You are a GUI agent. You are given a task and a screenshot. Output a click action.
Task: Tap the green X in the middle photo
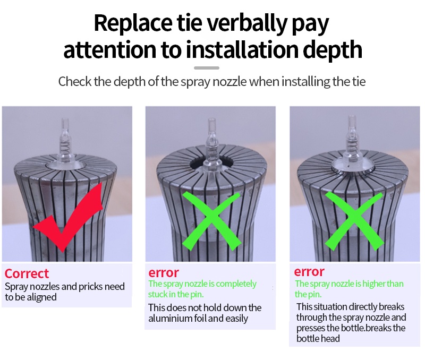(211, 221)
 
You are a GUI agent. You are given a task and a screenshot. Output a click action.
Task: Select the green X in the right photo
(354, 221)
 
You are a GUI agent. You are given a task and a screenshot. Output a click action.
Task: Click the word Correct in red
(27, 273)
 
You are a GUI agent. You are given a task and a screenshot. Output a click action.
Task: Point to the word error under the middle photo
(164, 273)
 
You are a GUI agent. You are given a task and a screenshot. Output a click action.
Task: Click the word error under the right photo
(309, 272)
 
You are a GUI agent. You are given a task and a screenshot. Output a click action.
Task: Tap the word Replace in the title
(133, 23)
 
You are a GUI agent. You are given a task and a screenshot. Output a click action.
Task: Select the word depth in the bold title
(333, 49)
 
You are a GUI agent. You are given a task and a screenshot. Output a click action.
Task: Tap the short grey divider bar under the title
(207, 68)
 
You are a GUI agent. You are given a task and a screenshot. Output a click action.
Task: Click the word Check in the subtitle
(75, 82)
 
